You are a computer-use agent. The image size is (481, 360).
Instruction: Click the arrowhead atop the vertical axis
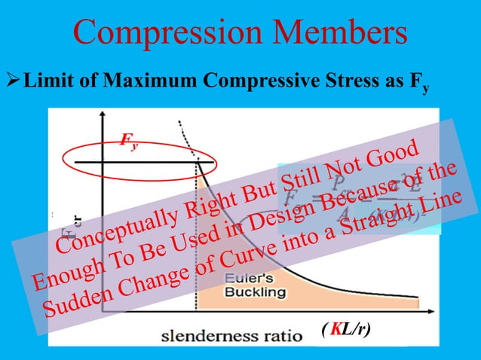pos(101,117)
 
